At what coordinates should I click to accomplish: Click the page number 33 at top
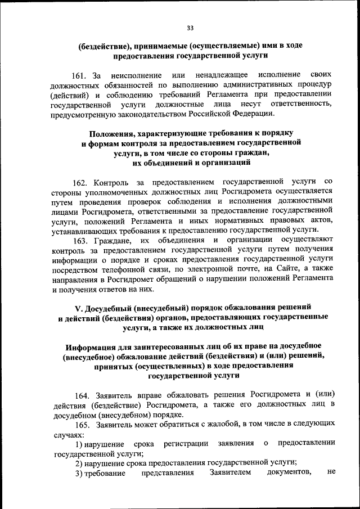coord(190,29)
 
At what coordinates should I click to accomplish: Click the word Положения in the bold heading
coord(112,133)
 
